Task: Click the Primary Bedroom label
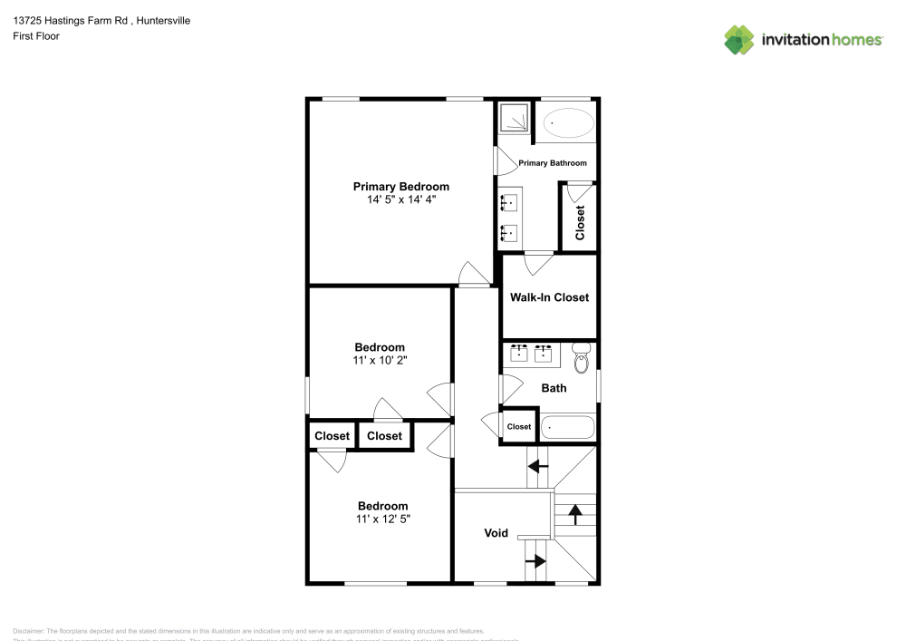pyautogui.click(x=400, y=187)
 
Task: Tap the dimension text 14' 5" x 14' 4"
pyautogui.click(x=400, y=199)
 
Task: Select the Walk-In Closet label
pyautogui.click(x=549, y=297)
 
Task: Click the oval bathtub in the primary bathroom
pyautogui.click(x=566, y=122)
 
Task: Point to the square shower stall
pyautogui.click(x=514, y=118)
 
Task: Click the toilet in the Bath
pyautogui.click(x=582, y=358)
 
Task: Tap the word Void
pyautogui.click(x=496, y=533)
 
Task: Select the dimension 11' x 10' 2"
pyautogui.click(x=380, y=360)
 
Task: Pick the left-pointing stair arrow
pyautogui.click(x=538, y=467)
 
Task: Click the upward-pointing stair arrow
pyautogui.click(x=574, y=515)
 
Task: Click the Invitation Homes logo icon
pyautogui.click(x=739, y=39)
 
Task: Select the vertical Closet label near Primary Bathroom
pyautogui.click(x=580, y=222)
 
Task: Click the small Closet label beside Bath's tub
pyautogui.click(x=519, y=427)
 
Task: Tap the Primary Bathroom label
pyautogui.click(x=552, y=163)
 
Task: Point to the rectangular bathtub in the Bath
pyautogui.click(x=567, y=427)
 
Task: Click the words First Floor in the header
pyautogui.click(x=36, y=36)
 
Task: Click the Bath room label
pyautogui.click(x=554, y=388)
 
